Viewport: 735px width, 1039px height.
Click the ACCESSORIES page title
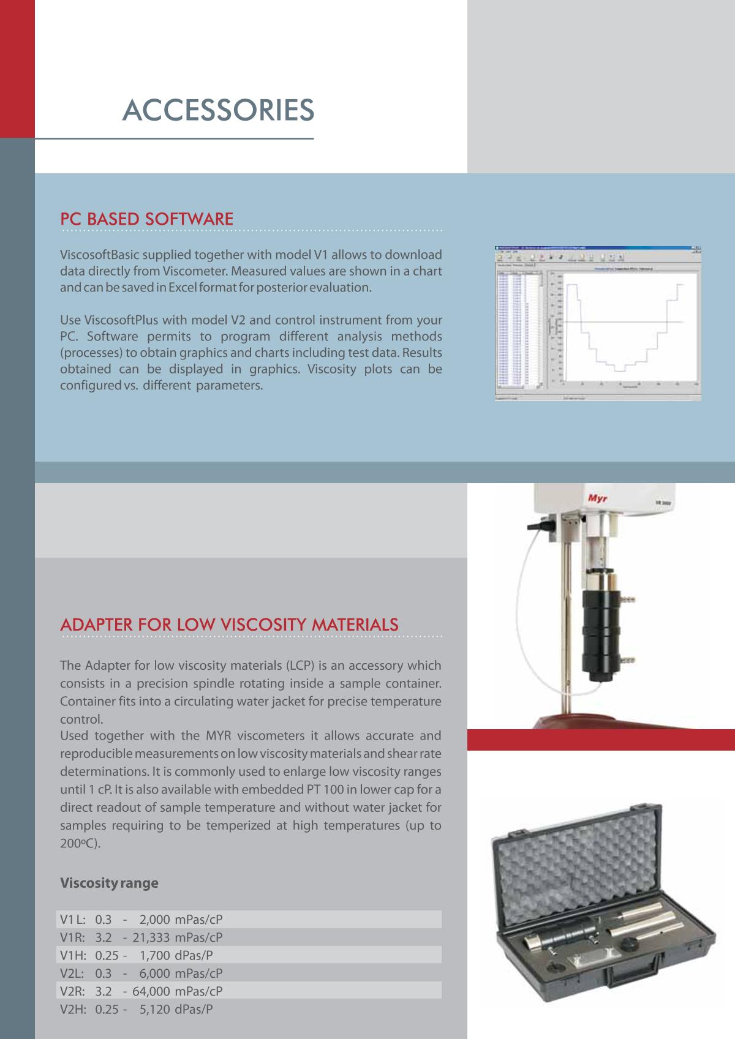pyautogui.click(x=218, y=110)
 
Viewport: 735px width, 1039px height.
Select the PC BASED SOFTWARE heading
pyautogui.click(x=146, y=219)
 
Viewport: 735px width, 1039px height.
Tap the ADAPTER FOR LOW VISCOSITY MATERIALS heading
pyautogui.click(x=229, y=625)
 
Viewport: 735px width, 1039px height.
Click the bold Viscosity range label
pyautogui.click(x=109, y=883)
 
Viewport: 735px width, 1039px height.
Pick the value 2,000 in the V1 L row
pyautogui.click(x=155, y=919)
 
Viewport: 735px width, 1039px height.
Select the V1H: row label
pyautogui.click(x=73, y=955)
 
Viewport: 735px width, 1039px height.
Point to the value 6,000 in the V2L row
pyautogui.click(x=155, y=973)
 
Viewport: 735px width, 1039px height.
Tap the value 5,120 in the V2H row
pyautogui.click(x=155, y=1010)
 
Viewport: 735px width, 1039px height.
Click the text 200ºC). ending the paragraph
pyautogui.click(x=80, y=843)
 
